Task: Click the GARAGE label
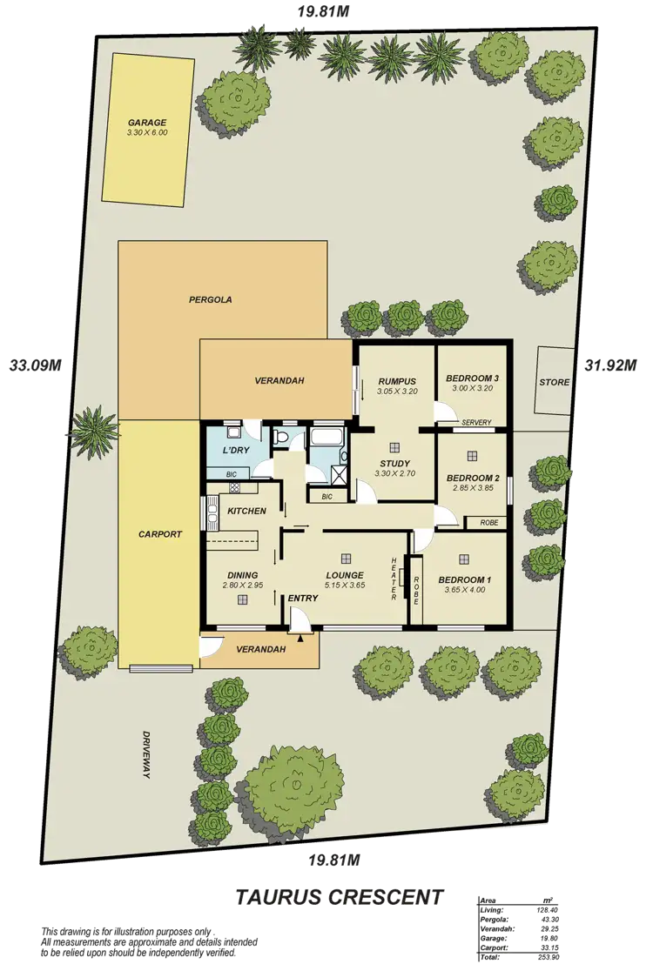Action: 147,123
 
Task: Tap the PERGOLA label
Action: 211,299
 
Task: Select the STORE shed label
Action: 554,382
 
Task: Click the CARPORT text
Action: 160,534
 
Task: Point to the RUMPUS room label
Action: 396,381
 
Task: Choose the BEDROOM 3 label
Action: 472,378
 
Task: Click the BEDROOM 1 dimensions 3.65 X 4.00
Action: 464,590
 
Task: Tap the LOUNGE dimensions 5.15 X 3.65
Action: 344,586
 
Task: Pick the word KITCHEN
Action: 246,511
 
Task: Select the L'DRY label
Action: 237,450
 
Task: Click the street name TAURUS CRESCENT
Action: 340,895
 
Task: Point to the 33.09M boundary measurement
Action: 34,365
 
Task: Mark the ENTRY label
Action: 302,598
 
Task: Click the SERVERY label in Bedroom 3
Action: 477,423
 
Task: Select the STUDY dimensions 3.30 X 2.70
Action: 394,474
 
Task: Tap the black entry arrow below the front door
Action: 301,639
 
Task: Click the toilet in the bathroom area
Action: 281,438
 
